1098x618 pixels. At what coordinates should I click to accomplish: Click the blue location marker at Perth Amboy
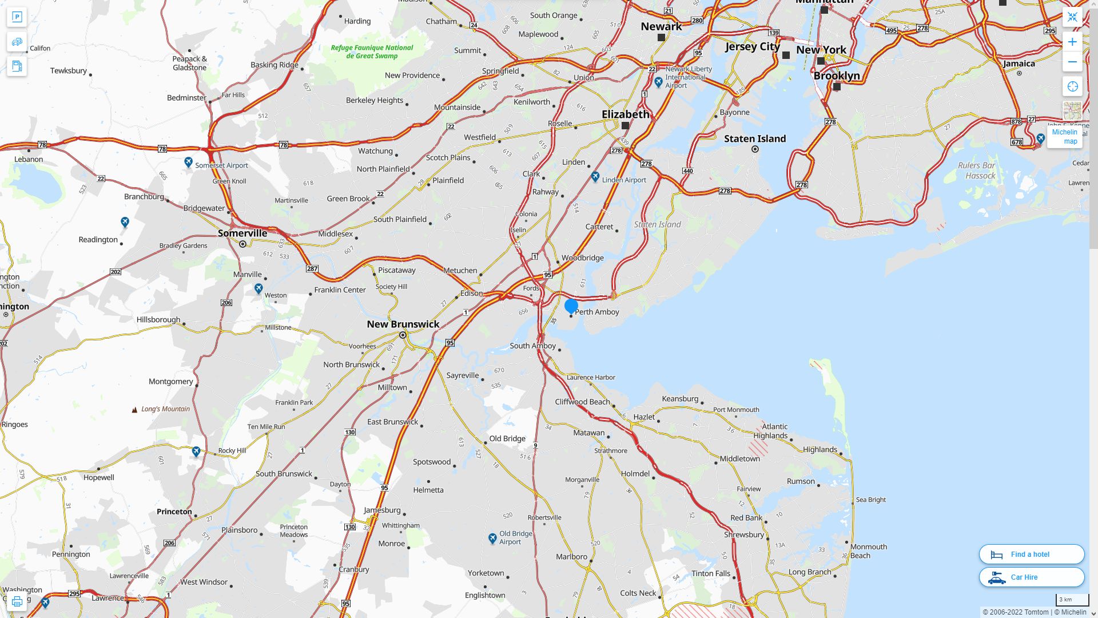pyautogui.click(x=571, y=306)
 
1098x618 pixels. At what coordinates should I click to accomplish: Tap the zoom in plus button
pyautogui.click(x=1072, y=42)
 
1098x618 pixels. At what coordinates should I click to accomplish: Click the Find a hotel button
pyautogui.click(x=1031, y=554)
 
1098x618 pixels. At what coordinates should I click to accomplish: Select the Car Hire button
pyautogui.click(x=1031, y=577)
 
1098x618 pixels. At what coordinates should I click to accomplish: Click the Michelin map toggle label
pyautogui.click(x=1064, y=137)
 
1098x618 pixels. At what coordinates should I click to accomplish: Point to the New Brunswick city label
pyautogui.click(x=403, y=324)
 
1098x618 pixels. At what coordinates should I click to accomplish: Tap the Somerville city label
pyautogui.click(x=242, y=233)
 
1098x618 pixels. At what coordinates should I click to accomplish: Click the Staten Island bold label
pyautogui.click(x=755, y=138)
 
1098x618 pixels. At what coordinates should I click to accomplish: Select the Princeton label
pyautogui.click(x=174, y=512)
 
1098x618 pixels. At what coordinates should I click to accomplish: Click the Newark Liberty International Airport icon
pyautogui.click(x=658, y=82)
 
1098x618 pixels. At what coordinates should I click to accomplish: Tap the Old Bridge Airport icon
pyautogui.click(x=492, y=538)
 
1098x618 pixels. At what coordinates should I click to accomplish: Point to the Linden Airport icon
pyautogui.click(x=595, y=177)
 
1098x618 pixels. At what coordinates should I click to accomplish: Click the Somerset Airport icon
pyautogui.click(x=188, y=163)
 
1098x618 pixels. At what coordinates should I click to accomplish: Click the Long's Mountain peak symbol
pyautogui.click(x=134, y=410)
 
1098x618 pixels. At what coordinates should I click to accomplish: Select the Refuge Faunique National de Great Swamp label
pyautogui.click(x=372, y=51)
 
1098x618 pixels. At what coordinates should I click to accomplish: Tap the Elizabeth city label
pyautogui.click(x=625, y=114)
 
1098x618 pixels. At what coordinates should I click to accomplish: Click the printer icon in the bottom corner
pyautogui.click(x=17, y=601)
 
